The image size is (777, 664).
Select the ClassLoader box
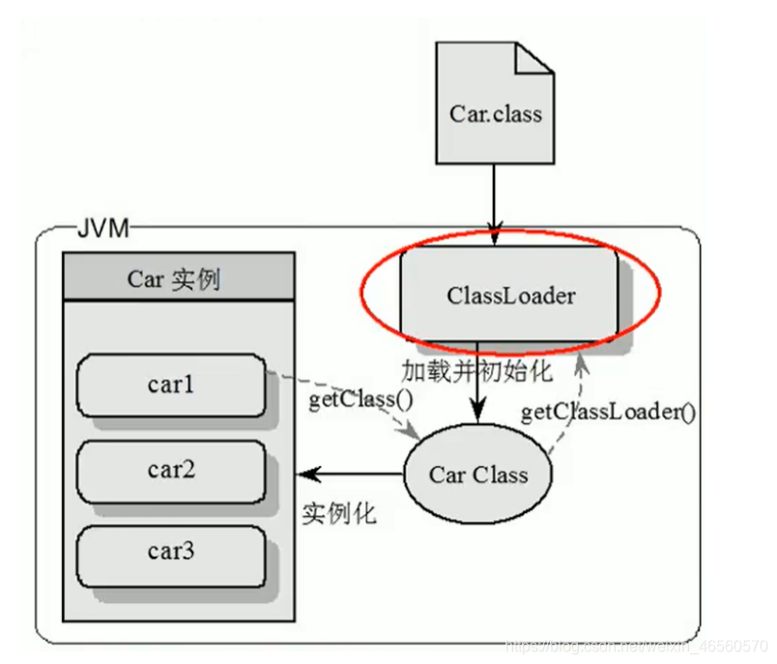coord(509,294)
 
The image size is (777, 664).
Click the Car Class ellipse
coord(478,475)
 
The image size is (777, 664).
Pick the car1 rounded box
coord(171,384)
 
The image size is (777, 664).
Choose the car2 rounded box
coord(171,470)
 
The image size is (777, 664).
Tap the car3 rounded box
coord(171,553)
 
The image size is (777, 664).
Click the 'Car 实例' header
coord(176,279)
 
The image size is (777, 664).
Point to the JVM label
coord(101,229)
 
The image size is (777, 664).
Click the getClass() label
coord(348,398)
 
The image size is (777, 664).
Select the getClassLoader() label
coord(609,413)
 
